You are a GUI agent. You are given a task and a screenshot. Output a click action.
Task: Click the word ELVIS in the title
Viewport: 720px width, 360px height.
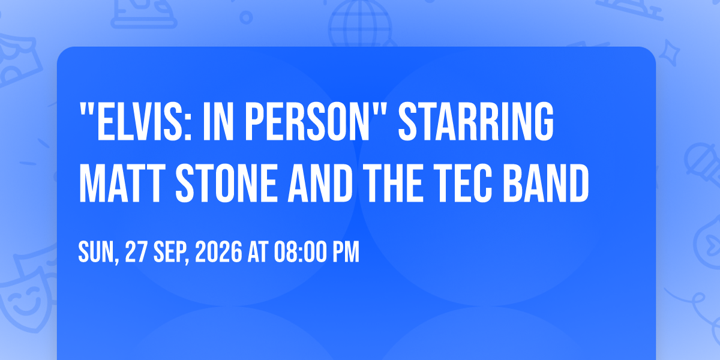tap(139, 121)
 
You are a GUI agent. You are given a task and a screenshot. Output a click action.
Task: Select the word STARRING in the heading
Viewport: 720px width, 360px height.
tap(476, 121)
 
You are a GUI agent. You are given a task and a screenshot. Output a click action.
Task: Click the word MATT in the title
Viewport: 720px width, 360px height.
tap(120, 183)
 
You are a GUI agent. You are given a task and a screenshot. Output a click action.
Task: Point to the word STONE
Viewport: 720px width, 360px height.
tap(226, 183)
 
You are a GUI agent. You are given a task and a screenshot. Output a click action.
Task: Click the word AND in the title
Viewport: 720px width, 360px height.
tap(320, 183)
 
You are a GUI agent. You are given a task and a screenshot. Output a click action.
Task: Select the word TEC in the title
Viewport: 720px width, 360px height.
tap(463, 183)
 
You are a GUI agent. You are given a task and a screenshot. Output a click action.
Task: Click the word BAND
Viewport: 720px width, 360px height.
tap(546, 183)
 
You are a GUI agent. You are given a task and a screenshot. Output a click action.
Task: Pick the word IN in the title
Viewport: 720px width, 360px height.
tap(218, 121)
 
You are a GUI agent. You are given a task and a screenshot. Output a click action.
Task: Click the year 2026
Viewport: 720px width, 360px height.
tap(218, 253)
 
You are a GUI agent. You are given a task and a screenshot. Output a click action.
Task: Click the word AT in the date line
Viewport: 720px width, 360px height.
tap(258, 253)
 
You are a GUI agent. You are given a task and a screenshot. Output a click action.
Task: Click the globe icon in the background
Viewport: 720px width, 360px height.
tap(360, 24)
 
